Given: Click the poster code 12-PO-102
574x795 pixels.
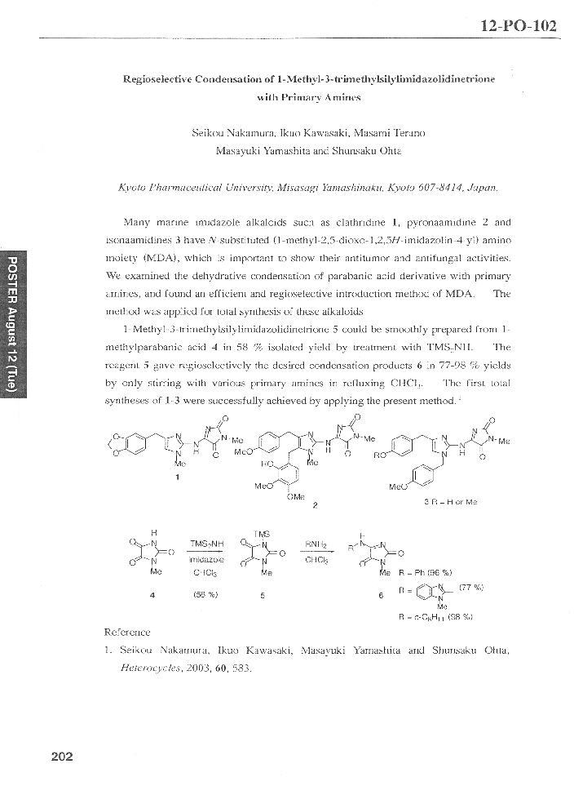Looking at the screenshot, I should point(519,25).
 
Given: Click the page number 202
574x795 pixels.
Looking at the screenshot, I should point(62,756).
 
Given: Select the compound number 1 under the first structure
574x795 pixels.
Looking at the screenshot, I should point(177,478).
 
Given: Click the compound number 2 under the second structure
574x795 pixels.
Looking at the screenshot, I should point(315,504).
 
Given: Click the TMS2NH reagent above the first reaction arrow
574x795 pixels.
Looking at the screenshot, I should point(204,544).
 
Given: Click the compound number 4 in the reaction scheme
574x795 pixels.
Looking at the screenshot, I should point(152,595).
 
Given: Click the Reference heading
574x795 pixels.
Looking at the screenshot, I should point(128,632).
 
